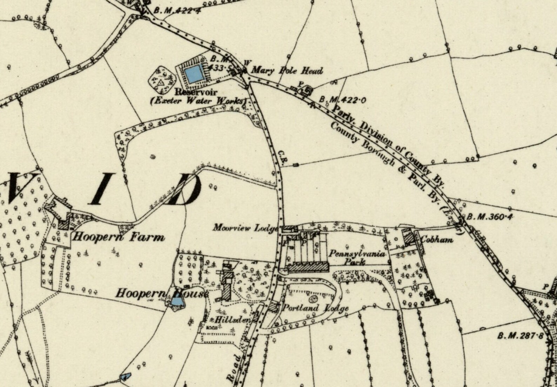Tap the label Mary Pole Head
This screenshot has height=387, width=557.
(287, 71)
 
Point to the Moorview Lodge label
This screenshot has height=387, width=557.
(245, 228)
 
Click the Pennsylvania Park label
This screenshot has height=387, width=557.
(357, 258)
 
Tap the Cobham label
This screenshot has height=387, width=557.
(437, 240)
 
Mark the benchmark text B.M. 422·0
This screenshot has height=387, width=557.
(343, 100)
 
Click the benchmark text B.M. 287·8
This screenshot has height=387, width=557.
(520, 336)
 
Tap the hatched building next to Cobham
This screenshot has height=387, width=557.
(408, 237)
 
